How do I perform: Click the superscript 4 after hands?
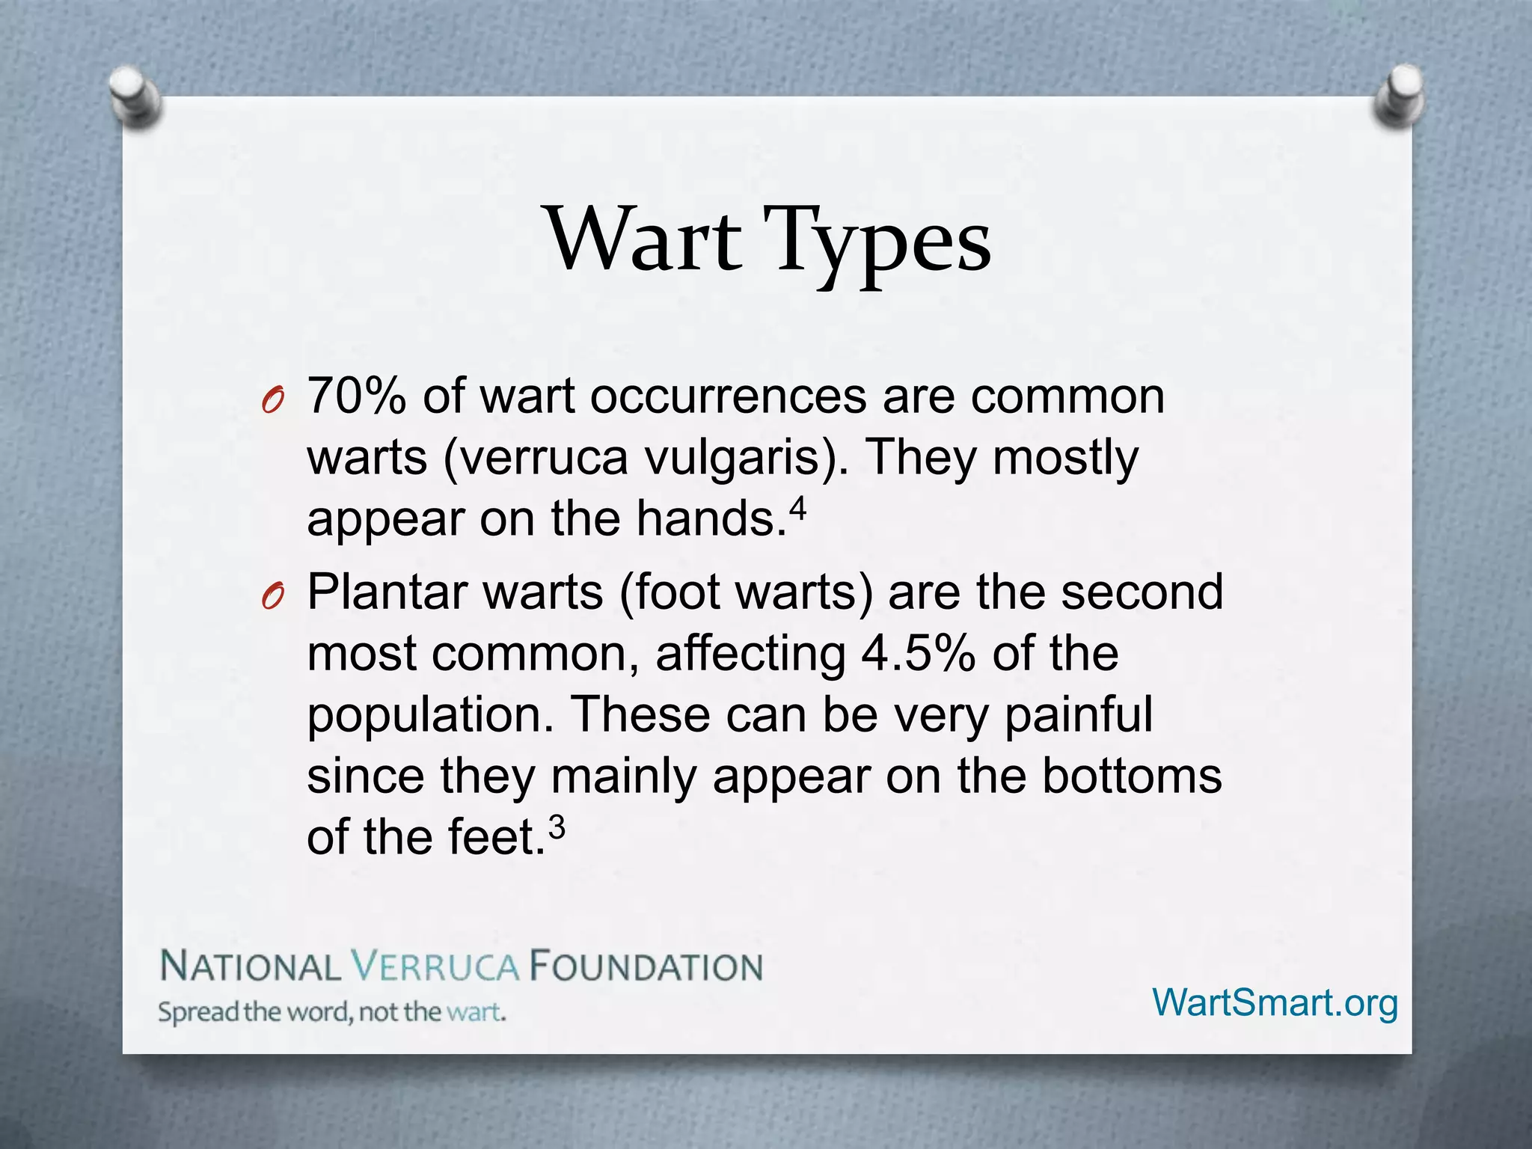click(798, 509)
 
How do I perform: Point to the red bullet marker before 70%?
click(273, 402)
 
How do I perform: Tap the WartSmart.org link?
click(1275, 1002)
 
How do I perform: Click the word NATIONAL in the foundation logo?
click(251, 966)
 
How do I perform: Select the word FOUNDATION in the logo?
click(646, 966)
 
